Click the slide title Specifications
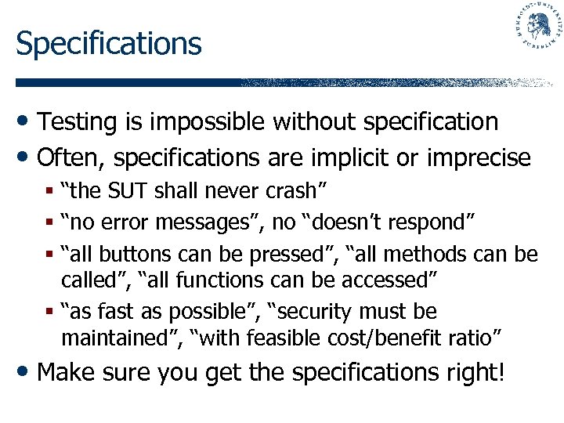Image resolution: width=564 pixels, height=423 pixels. [108, 43]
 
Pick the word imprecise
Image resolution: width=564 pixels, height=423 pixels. [479, 157]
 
